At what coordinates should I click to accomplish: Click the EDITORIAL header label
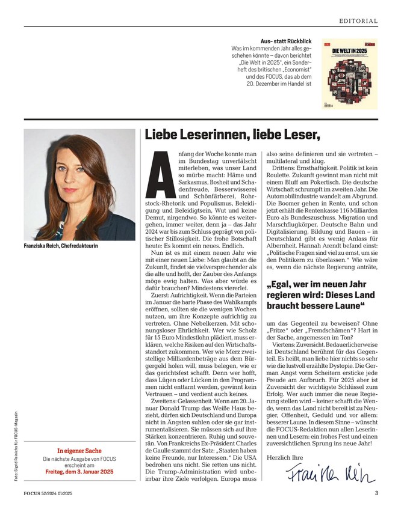click(358, 20)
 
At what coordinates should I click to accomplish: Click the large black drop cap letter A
click(158, 175)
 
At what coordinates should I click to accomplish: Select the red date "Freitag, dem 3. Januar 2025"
click(79, 472)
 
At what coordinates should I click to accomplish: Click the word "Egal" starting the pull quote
click(282, 288)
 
